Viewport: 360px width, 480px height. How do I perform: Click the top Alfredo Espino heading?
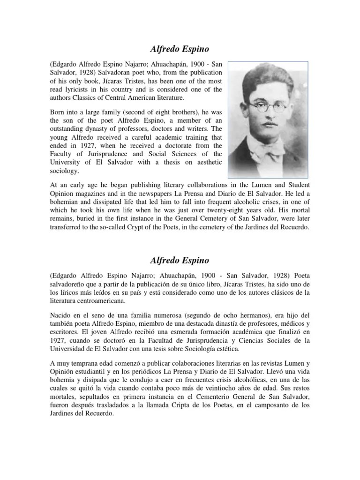coord(180,48)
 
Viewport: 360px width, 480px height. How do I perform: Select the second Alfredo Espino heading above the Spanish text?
coord(180,259)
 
